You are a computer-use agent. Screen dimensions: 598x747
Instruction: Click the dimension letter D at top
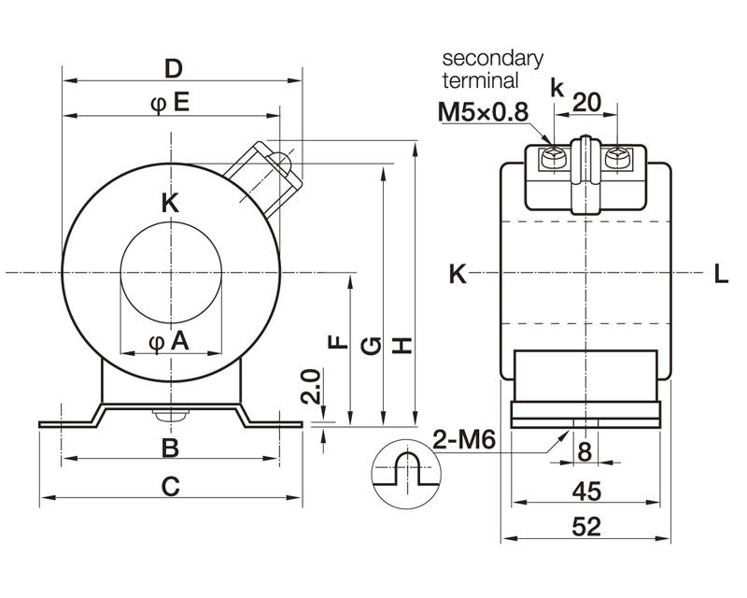(173, 68)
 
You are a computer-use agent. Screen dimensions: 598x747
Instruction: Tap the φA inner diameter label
(169, 343)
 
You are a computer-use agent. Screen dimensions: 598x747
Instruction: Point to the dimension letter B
(170, 448)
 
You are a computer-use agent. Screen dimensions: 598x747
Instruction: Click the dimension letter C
(170, 486)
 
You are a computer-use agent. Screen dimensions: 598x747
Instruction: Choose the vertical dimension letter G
(371, 346)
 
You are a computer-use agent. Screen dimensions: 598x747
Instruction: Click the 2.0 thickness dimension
(312, 386)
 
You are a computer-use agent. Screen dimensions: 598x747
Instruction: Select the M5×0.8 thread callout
(484, 113)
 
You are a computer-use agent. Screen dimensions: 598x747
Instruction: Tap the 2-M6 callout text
(464, 438)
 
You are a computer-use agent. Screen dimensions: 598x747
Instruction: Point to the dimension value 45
(585, 490)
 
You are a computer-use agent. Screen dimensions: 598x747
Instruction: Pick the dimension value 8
(585, 452)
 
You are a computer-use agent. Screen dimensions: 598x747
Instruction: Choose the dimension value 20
(585, 101)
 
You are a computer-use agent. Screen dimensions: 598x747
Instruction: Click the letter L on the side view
(721, 274)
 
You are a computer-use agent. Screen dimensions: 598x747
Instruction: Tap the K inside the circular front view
(170, 203)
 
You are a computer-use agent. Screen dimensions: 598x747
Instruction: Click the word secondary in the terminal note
(492, 58)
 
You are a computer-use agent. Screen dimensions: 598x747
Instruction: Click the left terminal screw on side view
(553, 158)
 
